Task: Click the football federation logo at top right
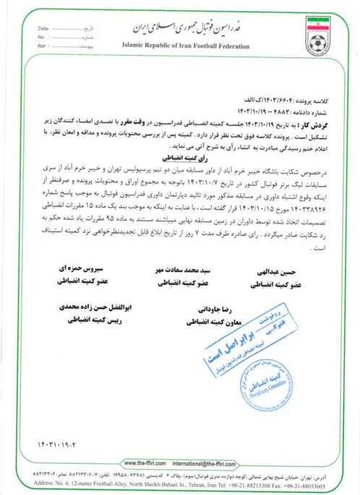(x=318, y=35)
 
